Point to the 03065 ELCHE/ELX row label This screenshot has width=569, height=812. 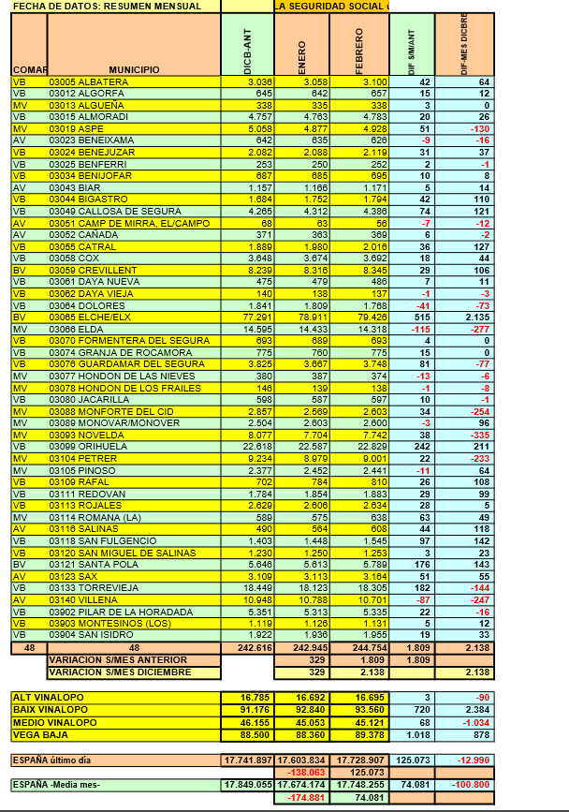pyautogui.click(x=90, y=317)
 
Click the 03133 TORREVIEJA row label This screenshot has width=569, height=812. pyautogui.click(x=92, y=585)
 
